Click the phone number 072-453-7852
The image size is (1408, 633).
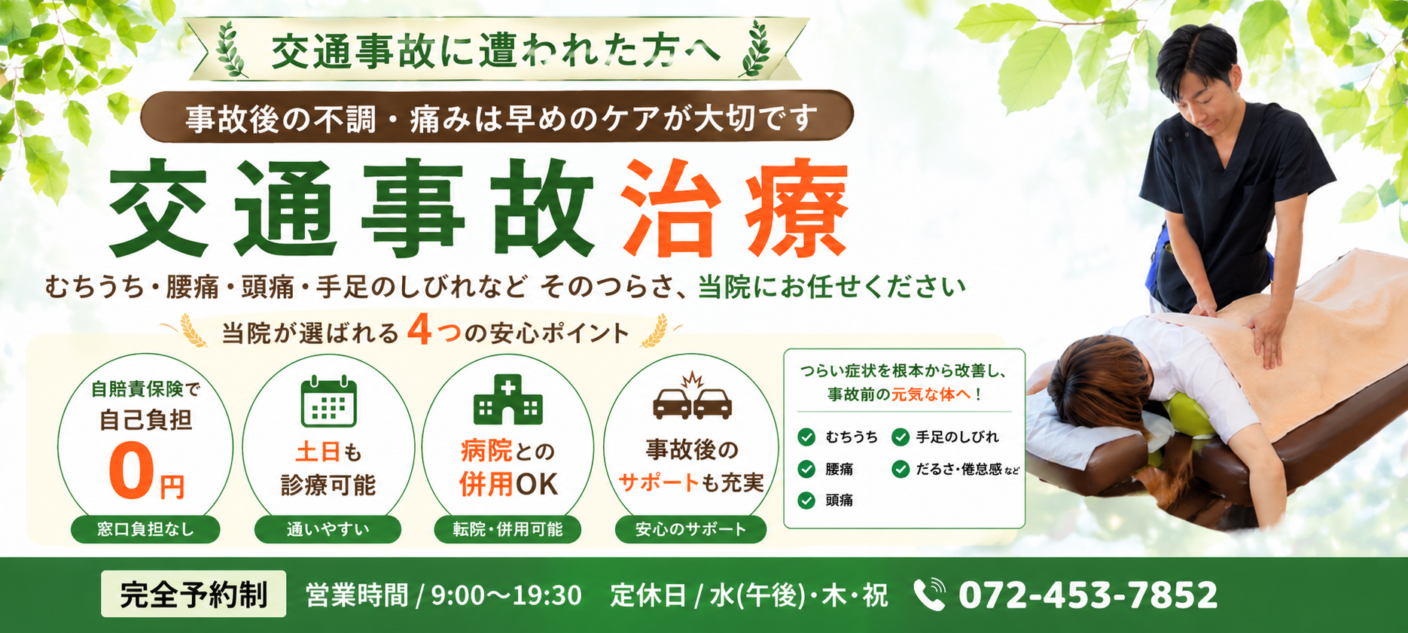coord(1087,595)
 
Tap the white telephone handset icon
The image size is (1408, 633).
coord(929,595)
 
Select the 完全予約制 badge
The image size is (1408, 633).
coord(194,594)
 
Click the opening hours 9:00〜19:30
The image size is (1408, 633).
coord(506,595)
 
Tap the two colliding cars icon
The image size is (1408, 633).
coord(692,397)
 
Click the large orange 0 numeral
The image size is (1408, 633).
coord(131,471)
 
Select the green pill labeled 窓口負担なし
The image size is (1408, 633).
coord(145,529)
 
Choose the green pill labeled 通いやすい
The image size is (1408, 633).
coord(328,529)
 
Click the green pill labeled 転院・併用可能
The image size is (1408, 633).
coord(507,529)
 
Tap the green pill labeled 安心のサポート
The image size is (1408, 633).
coord(690,529)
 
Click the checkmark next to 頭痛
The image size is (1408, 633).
coord(806,501)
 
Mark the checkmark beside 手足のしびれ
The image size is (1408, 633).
coord(901,437)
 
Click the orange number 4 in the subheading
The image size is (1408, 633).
coord(419,329)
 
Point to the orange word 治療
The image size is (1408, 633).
coord(736,208)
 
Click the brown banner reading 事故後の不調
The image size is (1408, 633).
coord(497,117)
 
